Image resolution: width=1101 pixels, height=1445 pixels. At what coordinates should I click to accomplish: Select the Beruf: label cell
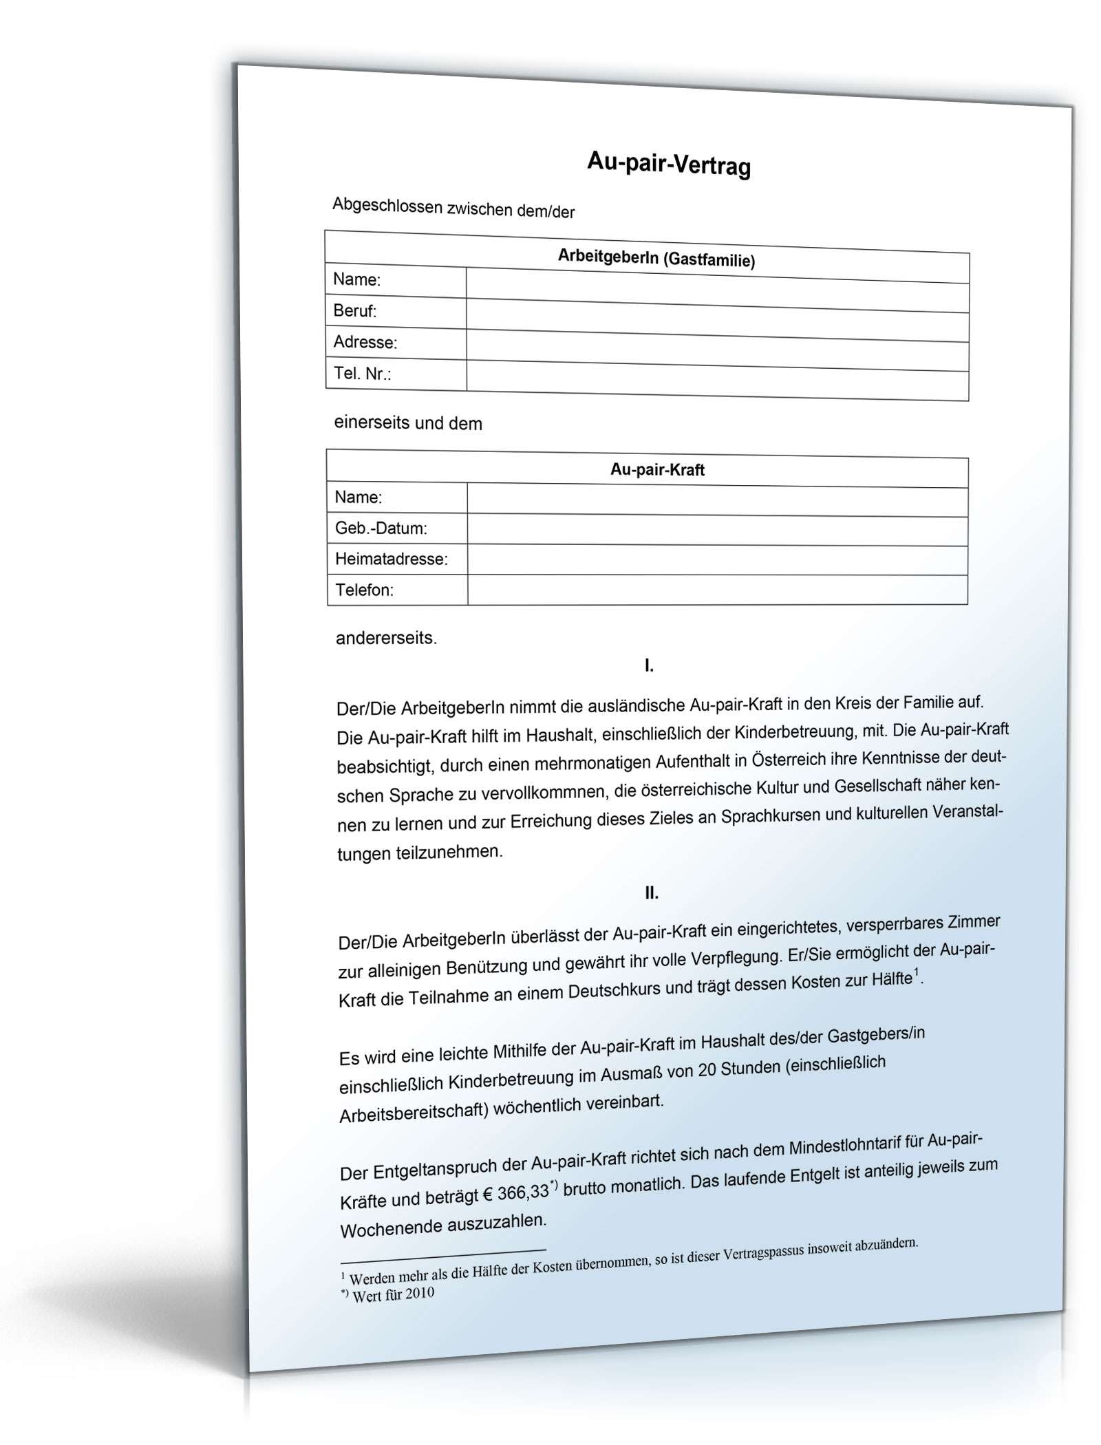point(355,311)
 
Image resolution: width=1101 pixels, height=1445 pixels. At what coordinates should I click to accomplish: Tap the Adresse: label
point(365,342)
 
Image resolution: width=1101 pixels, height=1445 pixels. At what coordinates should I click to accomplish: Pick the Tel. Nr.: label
point(363,374)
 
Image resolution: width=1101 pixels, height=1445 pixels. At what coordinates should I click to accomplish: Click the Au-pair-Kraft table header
point(657,470)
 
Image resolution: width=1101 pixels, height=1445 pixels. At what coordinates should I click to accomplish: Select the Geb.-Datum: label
point(381,528)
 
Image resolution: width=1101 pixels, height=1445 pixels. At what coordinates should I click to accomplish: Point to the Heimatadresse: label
point(391,559)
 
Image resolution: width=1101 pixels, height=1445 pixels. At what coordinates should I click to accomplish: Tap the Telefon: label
point(364,590)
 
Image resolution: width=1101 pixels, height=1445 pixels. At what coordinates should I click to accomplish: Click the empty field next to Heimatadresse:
point(716,560)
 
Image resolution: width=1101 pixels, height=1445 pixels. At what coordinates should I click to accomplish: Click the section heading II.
point(651,893)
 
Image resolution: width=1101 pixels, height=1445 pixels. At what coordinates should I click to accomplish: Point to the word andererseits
point(386,639)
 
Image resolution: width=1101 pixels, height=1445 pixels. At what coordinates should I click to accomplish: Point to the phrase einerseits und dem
point(408,423)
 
